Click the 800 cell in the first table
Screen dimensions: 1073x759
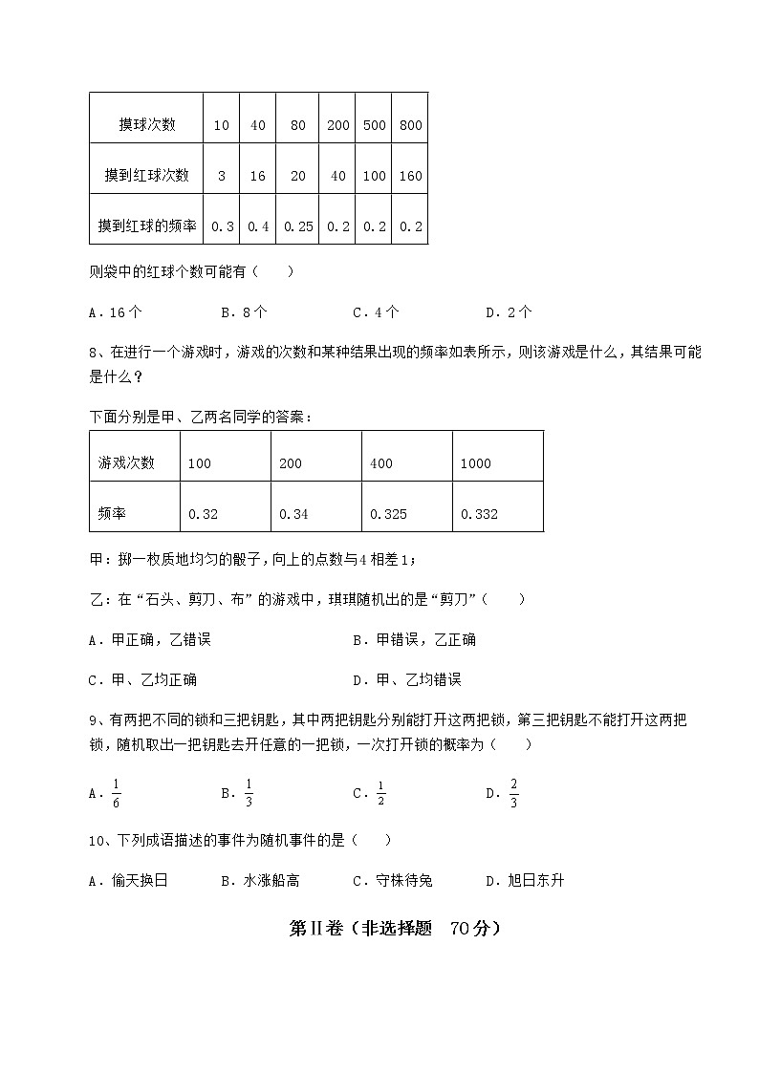410,125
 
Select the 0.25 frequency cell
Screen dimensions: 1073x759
299,226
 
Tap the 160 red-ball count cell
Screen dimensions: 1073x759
410,176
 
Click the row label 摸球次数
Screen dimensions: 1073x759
147,125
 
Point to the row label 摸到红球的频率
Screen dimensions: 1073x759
147,226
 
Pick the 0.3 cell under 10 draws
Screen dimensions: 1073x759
222,226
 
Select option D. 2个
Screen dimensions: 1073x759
509,312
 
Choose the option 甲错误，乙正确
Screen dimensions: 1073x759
414,639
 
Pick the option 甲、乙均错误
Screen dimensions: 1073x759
406,679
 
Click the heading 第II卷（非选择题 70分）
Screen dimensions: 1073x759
395,928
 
